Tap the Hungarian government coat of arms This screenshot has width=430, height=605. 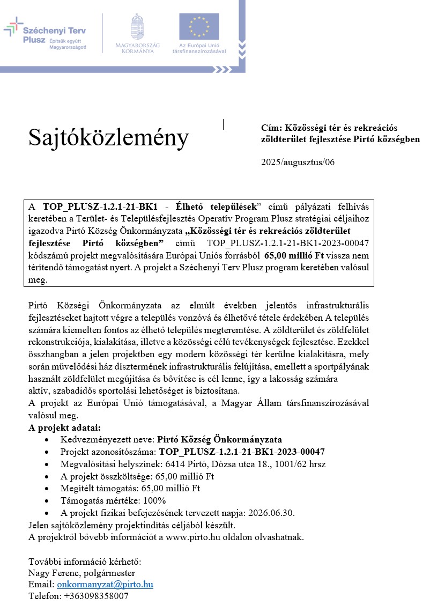point(137,27)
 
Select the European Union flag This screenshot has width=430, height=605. point(199,27)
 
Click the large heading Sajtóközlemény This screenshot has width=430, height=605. point(108,138)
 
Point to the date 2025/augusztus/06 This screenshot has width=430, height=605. point(298,162)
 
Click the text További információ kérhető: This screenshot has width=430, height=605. point(84,562)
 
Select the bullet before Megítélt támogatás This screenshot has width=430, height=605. point(49,488)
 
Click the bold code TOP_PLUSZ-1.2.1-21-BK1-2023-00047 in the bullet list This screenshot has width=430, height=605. point(242,452)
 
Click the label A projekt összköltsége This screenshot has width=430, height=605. point(106,476)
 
